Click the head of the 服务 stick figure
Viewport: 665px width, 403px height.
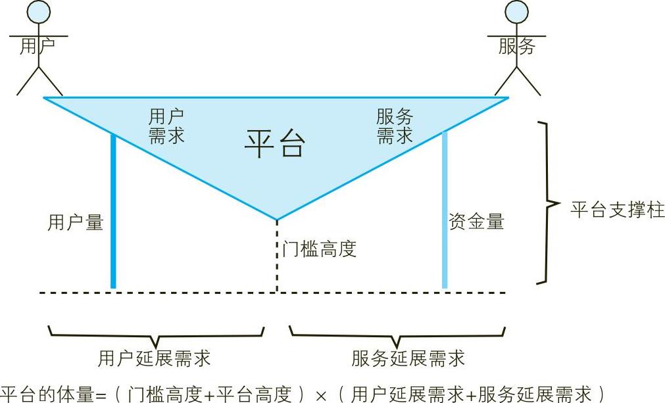tap(517, 11)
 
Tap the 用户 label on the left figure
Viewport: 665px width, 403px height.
tap(37, 46)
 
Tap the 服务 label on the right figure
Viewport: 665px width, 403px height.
tap(517, 46)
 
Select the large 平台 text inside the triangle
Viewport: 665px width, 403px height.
tap(275, 143)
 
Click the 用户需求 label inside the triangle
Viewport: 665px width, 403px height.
tap(166, 126)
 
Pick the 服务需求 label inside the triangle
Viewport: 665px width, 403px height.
tap(395, 126)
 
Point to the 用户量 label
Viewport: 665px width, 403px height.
tap(76, 222)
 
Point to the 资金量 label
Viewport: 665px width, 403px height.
tap(476, 222)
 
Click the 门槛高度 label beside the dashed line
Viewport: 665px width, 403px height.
tap(320, 249)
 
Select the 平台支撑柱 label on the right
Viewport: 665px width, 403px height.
tap(618, 210)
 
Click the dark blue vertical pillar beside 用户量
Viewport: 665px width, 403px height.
tap(113, 210)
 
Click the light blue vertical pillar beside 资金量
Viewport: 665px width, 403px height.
tap(445, 210)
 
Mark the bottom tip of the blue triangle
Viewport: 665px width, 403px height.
tap(276, 219)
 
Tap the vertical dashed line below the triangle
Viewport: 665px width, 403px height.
tap(276, 263)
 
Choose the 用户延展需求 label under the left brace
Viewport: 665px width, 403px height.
tap(155, 358)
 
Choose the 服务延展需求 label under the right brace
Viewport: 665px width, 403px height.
tap(408, 358)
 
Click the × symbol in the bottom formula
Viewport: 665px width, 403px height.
tap(321, 394)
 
